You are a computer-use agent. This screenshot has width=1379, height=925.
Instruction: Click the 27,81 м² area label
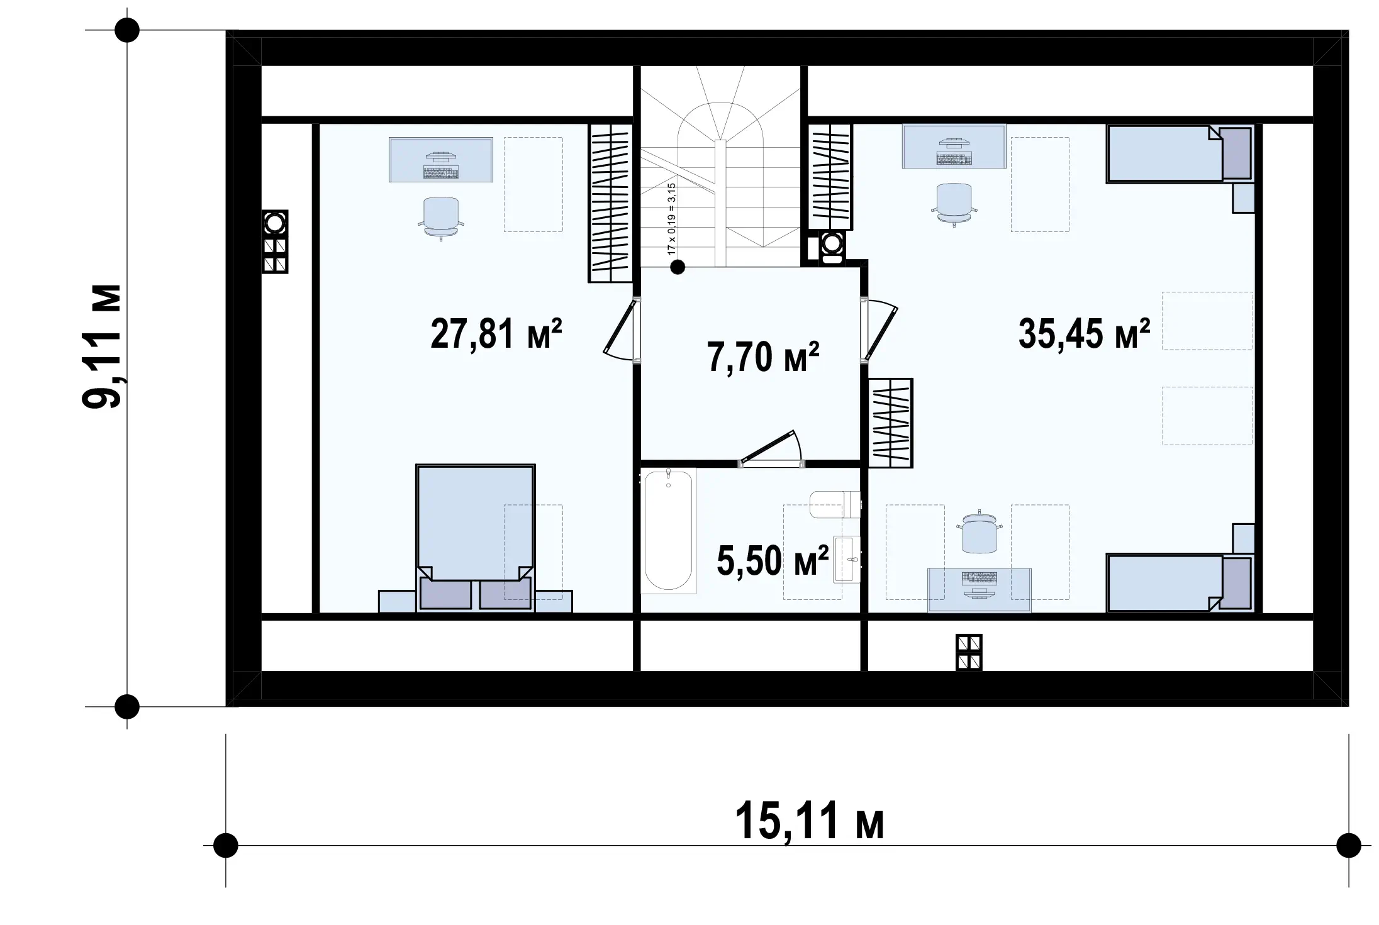[x=496, y=333]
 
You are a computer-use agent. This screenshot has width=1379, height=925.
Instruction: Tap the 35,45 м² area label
[x=1084, y=333]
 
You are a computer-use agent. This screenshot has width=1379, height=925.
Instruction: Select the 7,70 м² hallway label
[x=763, y=357]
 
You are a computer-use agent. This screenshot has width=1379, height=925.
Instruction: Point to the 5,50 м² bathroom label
[x=773, y=560]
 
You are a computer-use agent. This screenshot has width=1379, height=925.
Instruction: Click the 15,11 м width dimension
[x=810, y=821]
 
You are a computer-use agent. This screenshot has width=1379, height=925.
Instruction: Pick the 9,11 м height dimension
[x=102, y=346]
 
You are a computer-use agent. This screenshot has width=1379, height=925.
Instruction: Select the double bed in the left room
[x=475, y=538]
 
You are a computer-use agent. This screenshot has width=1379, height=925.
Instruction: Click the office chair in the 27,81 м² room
[x=440, y=218]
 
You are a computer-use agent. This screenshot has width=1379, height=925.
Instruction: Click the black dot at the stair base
[x=677, y=267]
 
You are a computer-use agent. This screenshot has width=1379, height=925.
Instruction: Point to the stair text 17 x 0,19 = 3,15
[x=671, y=218]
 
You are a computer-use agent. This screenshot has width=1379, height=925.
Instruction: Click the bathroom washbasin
[x=847, y=559]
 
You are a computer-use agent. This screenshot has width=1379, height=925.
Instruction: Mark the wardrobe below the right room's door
[x=890, y=423]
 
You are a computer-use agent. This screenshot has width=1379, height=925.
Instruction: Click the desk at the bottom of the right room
[x=980, y=590]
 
